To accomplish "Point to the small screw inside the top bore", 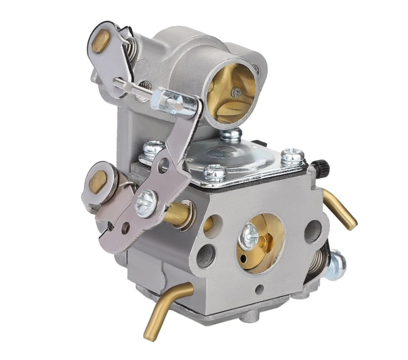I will (x=235, y=93).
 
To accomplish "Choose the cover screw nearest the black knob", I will (x=293, y=156).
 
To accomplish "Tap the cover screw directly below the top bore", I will (x=231, y=135).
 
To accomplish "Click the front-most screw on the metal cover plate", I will (x=215, y=172).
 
